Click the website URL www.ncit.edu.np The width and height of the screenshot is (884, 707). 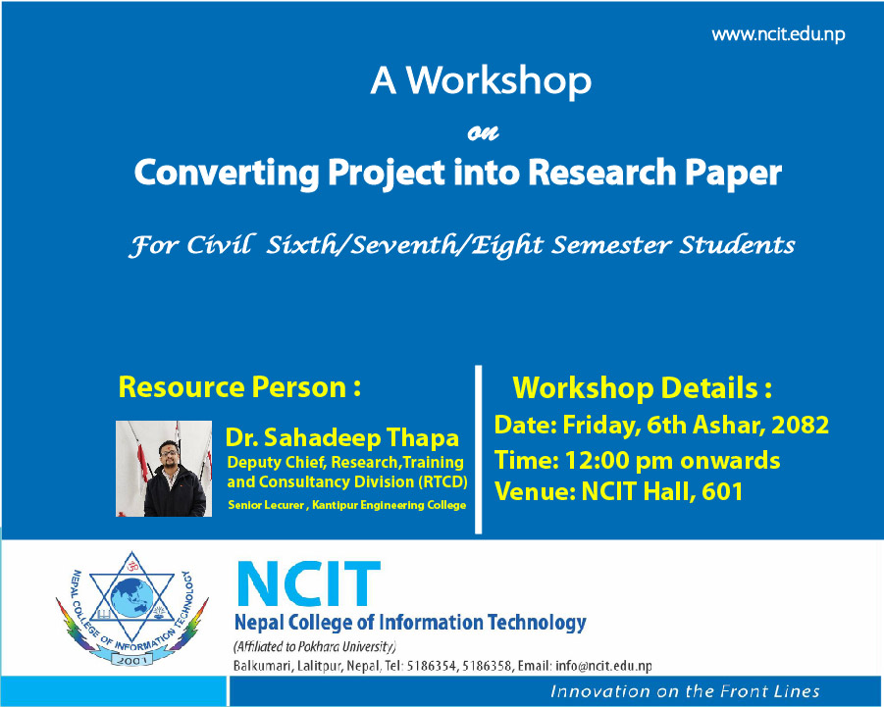pos(778,35)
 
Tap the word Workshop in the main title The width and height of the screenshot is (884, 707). pos(499,80)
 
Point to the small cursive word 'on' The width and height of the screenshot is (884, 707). pos(483,133)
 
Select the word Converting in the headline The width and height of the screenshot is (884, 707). pos(227,173)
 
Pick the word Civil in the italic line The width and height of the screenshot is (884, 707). pos(221,245)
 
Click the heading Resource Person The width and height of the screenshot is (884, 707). pos(239,387)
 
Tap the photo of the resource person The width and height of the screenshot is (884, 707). pos(164,469)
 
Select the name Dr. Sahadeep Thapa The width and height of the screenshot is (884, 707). pos(342,437)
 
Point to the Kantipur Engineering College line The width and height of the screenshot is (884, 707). pos(346,505)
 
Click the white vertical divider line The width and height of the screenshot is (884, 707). pos(479,449)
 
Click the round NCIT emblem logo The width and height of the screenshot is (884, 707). pos(131,608)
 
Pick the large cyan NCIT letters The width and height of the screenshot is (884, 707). pos(309,583)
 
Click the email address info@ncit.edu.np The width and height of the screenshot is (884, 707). pos(603,666)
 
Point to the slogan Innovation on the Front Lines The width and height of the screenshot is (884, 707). pos(685,691)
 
